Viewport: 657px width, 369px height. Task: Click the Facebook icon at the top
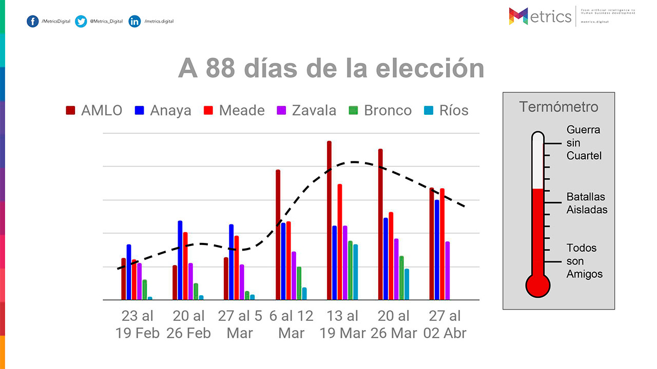[33, 21]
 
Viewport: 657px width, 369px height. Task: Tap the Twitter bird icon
[81, 21]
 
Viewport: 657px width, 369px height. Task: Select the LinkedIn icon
[135, 21]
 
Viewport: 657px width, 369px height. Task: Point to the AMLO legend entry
[94, 110]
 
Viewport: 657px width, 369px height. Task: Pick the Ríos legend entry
[447, 110]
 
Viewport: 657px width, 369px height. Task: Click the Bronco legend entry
[381, 110]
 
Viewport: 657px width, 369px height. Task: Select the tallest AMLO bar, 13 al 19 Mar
[329, 220]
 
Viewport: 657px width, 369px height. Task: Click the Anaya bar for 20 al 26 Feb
[180, 260]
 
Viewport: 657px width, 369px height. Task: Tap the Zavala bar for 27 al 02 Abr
[447, 271]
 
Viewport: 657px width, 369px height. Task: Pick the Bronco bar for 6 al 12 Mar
[299, 283]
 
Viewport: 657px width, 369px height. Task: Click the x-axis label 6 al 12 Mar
[291, 324]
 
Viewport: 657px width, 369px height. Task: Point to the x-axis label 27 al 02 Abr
[445, 324]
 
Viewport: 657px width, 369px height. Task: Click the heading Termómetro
[558, 107]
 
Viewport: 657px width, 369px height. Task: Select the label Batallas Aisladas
[587, 203]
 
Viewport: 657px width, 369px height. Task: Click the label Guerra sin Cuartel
[584, 142]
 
